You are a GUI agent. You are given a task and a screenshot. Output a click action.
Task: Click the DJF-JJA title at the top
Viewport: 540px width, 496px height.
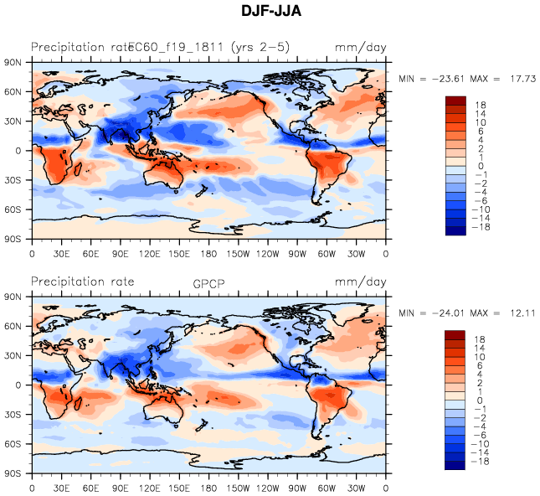coord(270,11)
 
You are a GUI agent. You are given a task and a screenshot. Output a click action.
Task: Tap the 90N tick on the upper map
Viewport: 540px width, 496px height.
coord(13,62)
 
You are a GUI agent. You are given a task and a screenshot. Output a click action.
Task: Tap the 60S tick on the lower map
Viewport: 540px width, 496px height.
coord(13,443)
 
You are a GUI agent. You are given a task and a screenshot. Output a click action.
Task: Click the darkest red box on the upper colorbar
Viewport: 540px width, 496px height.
coord(455,101)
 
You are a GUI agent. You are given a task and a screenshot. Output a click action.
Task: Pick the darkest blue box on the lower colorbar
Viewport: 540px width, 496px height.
coord(455,465)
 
